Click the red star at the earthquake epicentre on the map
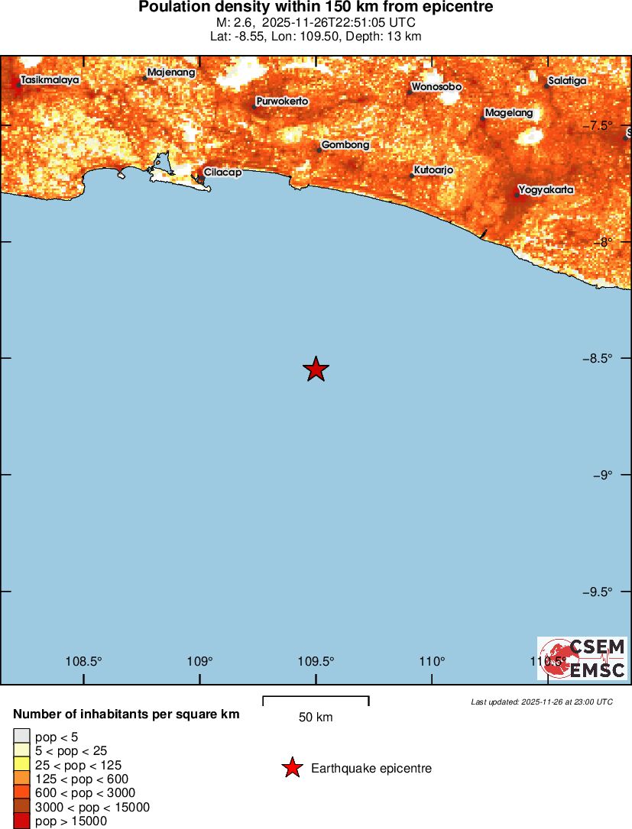[316, 369]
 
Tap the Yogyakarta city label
[546, 189]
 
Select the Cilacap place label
[222, 173]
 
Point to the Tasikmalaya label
[50, 79]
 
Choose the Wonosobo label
[436, 87]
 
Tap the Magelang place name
[509, 113]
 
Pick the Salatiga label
[567, 81]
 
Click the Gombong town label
[345, 145]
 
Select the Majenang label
[171, 73]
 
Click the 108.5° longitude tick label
[84, 661]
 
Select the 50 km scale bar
[316, 700]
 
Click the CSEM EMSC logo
[582, 658]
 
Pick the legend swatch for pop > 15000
[21, 821]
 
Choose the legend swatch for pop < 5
[21, 737]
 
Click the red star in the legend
[292, 768]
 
